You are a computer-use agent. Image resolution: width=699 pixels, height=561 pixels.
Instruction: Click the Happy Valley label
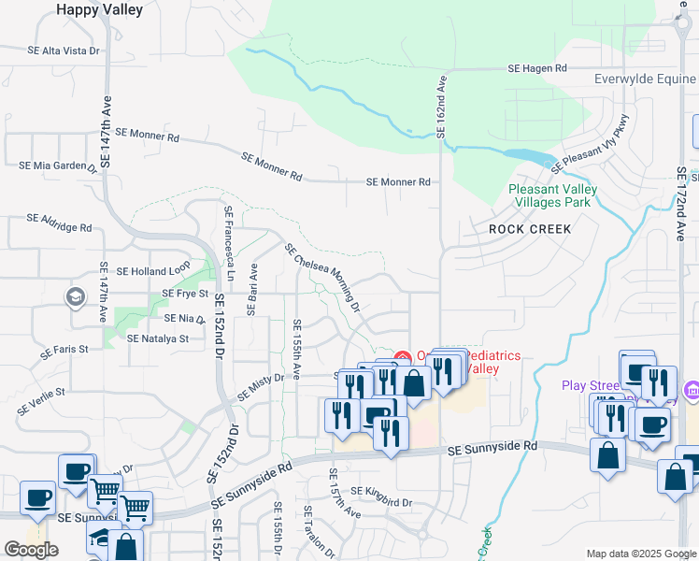point(100,10)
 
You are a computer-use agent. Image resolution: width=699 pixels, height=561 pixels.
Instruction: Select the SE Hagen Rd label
point(537,69)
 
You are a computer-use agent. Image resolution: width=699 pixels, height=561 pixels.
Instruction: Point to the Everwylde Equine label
point(645,79)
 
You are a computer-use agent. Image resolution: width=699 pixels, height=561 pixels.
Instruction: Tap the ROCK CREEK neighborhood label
point(530,227)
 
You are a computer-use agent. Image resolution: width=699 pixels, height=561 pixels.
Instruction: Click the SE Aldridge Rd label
point(60,223)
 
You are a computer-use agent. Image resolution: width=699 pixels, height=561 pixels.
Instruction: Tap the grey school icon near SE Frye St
point(74,297)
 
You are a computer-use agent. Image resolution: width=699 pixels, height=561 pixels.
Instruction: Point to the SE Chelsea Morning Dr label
point(322,277)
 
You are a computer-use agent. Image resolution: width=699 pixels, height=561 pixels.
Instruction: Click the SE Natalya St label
point(158,338)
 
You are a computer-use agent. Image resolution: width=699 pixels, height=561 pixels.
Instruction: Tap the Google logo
point(31,550)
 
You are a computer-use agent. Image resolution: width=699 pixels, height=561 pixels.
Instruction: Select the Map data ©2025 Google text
point(640,554)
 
